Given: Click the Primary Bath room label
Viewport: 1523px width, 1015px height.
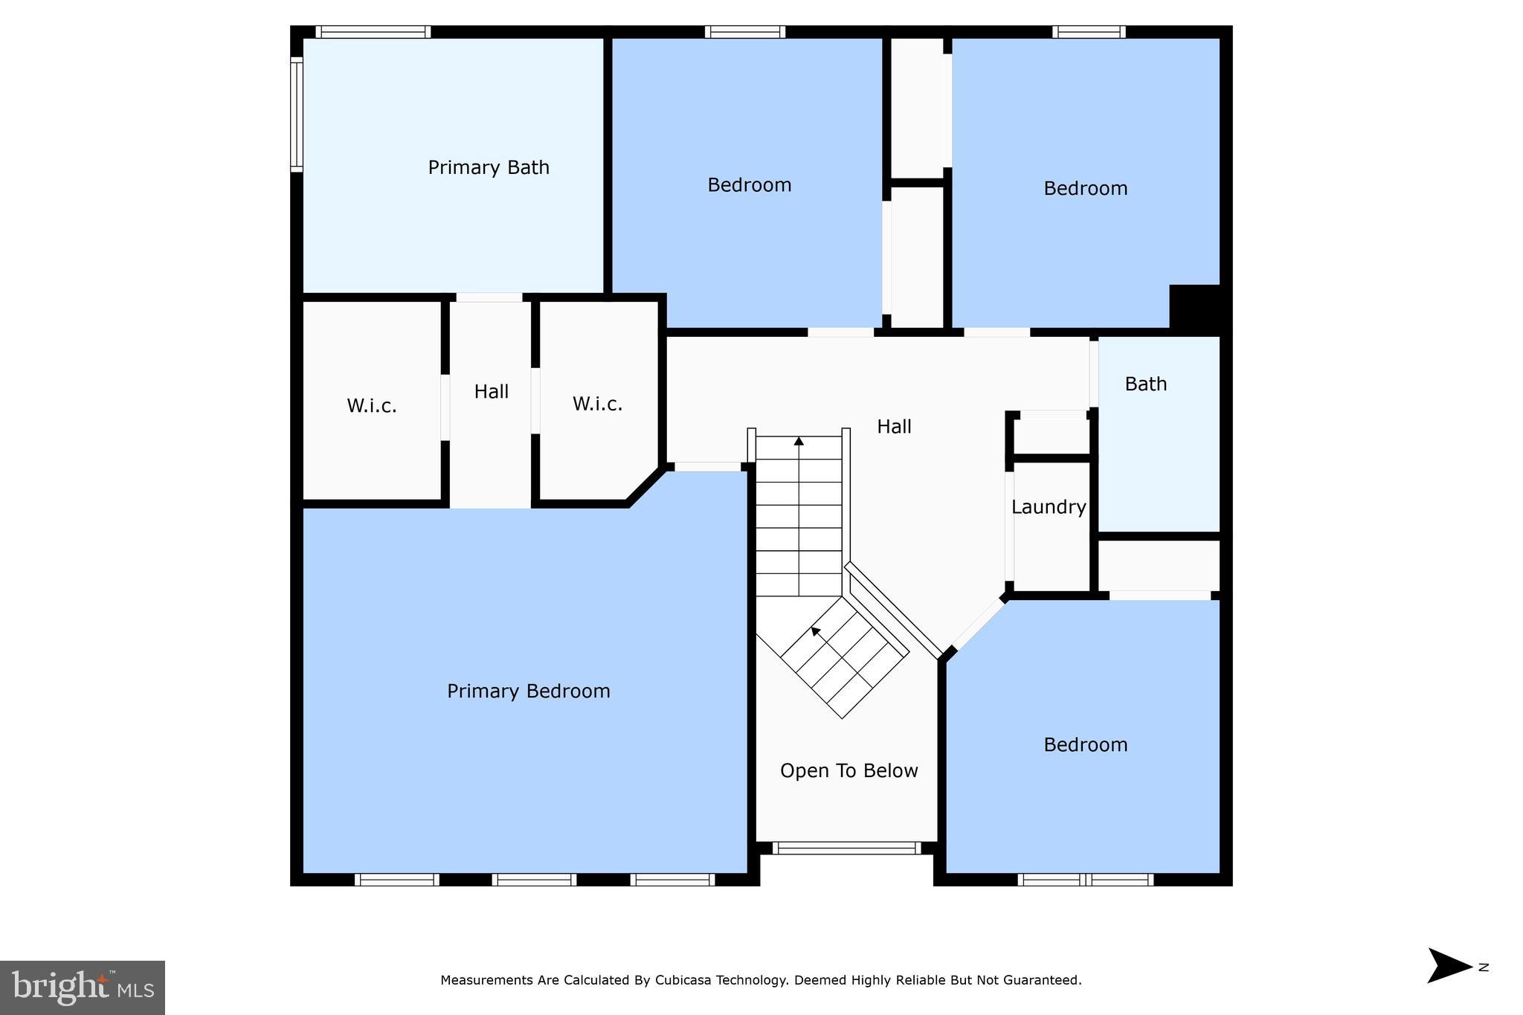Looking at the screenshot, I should pos(489,167).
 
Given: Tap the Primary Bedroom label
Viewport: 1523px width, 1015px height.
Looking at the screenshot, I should pos(528,692).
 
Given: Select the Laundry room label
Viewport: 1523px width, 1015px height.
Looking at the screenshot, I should pos(1049,507).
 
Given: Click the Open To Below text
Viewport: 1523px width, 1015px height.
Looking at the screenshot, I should pos(849,771).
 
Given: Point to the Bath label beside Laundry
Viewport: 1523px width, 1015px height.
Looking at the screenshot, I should pos(1145,384).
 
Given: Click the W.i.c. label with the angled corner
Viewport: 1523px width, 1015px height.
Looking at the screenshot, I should pos(597,404).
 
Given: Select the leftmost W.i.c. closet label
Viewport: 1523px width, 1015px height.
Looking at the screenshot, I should pos(372,406).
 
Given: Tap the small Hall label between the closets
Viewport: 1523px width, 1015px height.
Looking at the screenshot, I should pos(491,392).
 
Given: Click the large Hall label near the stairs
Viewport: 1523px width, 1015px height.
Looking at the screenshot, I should pos(894,427).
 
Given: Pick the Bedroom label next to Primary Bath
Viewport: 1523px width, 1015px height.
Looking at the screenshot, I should pos(749,185).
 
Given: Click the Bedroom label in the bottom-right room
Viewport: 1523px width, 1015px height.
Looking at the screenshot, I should pos(1085,745).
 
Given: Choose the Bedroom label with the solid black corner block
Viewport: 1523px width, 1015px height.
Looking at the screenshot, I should pos(1085,189).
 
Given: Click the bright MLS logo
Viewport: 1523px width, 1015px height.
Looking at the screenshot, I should pos(83,987).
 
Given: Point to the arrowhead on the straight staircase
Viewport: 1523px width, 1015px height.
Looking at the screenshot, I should pos(799,441).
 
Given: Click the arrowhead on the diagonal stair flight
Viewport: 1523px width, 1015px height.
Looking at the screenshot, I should pos(815,631).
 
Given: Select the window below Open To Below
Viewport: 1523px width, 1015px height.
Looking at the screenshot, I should pos(846,848).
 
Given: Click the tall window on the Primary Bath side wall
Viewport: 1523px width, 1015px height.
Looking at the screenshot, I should pos(297,115).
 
